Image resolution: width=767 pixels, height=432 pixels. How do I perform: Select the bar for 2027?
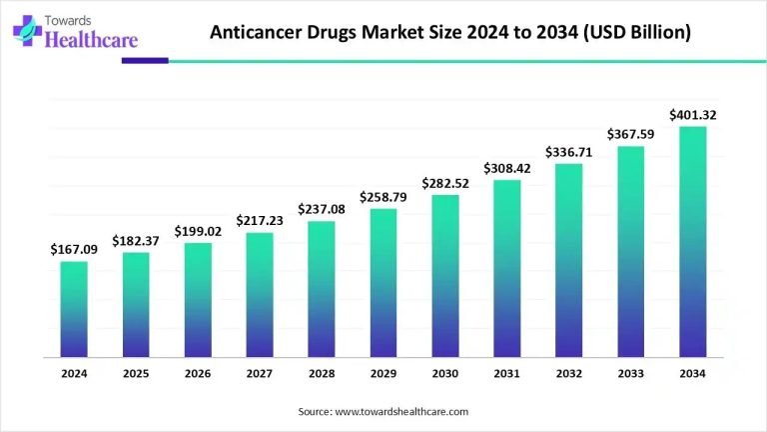click(x=260, y=294)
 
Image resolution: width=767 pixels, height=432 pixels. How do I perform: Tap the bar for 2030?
click(x=445, y=275)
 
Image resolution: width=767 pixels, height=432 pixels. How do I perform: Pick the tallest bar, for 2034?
click(x=693, y=241)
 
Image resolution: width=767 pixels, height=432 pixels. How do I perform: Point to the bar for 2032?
click(x=569, y=259)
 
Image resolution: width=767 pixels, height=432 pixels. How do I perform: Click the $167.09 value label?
click(x=74, y=249)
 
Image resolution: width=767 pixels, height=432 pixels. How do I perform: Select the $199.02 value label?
click(x=198, y=231)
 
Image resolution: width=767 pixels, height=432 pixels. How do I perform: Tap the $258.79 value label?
click(x=383, y=196)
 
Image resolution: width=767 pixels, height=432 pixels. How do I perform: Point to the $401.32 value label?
click(x=693, y=115)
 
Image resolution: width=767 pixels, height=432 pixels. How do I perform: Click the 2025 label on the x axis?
click(x=136, y=373)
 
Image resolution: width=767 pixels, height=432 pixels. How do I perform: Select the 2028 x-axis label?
click(x=322, y=373)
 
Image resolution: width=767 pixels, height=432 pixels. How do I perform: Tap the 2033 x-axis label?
click(x=631, y=373)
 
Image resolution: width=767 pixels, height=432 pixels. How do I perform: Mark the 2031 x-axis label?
click(x=507, y=373)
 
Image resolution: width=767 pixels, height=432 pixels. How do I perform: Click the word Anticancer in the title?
click(x=259, y=32)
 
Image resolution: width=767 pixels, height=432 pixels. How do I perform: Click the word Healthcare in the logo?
click(x=86, y=40)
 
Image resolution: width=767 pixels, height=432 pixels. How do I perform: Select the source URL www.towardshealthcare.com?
click(x=402, y=411)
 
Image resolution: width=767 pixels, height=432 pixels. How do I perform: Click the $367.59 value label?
click(x=631, y=134)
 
